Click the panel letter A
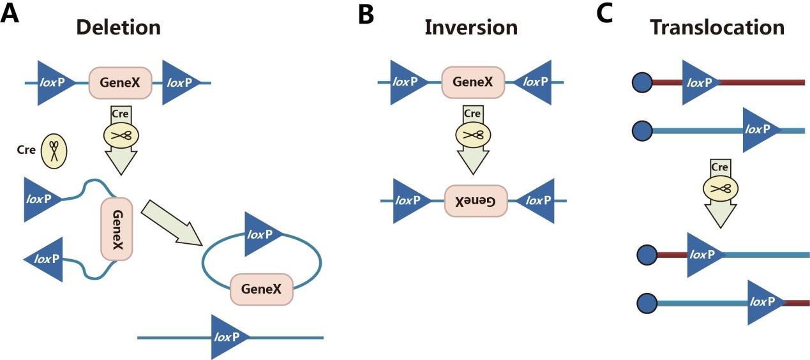(10, 15)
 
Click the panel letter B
(366, 15)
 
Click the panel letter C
(605, 15)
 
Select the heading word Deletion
(118, 27)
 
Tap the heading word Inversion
(471, 27)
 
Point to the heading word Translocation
(717, 27)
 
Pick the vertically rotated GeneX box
(117, 229)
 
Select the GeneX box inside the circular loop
(261, 289)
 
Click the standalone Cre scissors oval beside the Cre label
(54, 151)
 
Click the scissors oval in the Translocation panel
(721, 188)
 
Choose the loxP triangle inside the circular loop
(261, 234)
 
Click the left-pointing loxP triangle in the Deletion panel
(47, 259)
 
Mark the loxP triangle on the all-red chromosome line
(700, 82)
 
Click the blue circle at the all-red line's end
(641, 82)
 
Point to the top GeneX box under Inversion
(473, 82)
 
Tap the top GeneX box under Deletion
(120, 82)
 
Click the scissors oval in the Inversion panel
(472, 135)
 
